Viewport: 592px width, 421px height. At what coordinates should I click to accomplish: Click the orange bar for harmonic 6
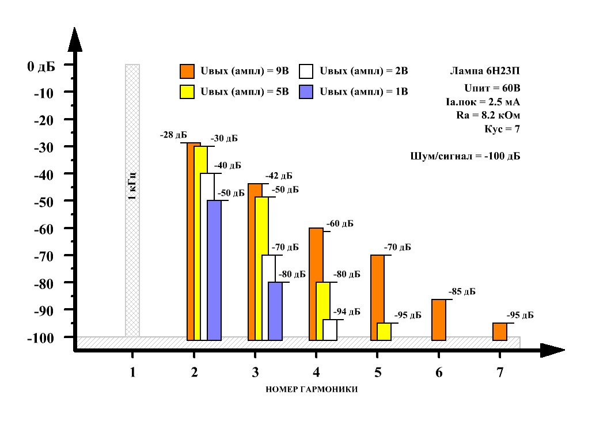pyautogui.click(x=438, y=320)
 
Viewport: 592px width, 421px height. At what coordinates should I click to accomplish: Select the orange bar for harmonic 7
pyautogui.click(x=500, y=332)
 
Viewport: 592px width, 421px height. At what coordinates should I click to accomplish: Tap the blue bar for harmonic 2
pyautogui.click(x=214, y=270)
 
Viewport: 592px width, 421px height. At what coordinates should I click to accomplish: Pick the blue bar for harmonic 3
pyautogui.click(x=275, y=311)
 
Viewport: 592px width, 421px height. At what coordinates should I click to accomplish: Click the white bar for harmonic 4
pyautogui.click(x=330, y=330)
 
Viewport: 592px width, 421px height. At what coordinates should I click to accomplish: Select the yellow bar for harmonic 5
pyautogui.click(x=384, y=332)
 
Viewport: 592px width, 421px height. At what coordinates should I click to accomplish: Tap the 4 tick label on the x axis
pyautogui.click(x=317, y=373)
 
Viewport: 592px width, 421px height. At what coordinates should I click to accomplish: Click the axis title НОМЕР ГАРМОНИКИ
pyautogui.click(x=313, y=389)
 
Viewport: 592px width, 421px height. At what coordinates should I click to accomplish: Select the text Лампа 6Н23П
pyautogui.click(x=485, y=72)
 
